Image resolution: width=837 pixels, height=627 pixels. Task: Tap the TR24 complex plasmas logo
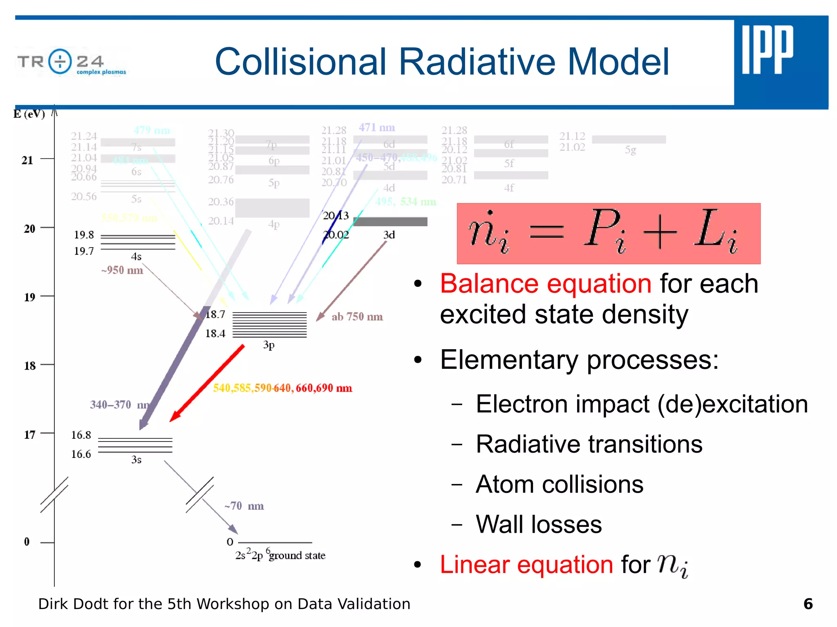pos(72,62)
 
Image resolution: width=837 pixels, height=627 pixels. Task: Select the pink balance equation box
pos(608,233)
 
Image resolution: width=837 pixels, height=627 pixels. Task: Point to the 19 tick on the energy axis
pos(29,297)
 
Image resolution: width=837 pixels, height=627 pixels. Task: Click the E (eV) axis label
pos(29,114)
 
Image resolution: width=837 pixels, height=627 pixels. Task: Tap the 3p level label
pos(269,345)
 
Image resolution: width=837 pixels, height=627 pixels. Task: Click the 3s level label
pos(136,460)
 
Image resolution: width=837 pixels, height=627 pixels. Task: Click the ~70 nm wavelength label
pos(244,506)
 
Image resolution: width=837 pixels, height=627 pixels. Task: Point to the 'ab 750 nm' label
pos(357,317)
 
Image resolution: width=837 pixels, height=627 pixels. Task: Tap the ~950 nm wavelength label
pos(122,270)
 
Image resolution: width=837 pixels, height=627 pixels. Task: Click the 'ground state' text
pos(297,556)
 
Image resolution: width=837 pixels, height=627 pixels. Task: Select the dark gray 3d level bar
pos(390,221)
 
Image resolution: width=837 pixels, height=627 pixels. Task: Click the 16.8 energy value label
pos(81,435)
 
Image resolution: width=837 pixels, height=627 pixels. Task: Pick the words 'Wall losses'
pos(538,524)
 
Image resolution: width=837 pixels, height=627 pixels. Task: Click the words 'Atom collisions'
pos(559,484)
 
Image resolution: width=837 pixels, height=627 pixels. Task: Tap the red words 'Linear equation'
pos(526,565)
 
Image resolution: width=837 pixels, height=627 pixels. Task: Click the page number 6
pos(808,604)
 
